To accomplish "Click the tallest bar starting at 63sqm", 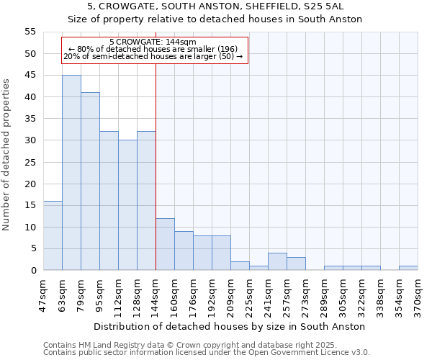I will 71,173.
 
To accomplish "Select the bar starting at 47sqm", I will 53,235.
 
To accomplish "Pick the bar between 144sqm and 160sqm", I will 165,244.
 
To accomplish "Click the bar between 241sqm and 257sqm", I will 277,262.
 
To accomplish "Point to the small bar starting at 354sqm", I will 408,268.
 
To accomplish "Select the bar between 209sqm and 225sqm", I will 240,266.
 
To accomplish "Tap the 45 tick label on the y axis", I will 30,76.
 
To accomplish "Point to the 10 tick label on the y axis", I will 30,228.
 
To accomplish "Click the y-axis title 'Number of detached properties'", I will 7,155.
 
